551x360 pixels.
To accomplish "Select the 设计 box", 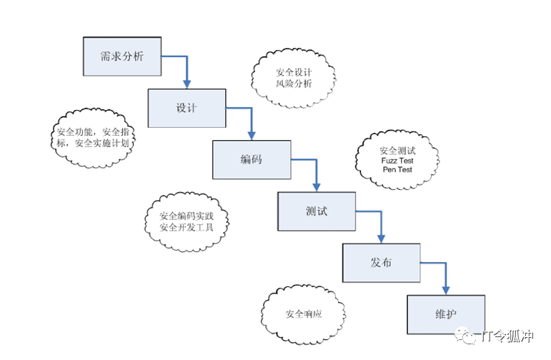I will pyautogui.click(x=187, y=108).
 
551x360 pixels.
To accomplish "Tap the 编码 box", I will pyautogui.click(x=252, y=159).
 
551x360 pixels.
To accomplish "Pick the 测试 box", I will pyautogui.click(x=316, y=211).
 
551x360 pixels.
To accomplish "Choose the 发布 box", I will pyautogui.click(x=381, y=263).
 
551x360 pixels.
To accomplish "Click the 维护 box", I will pyautogui.click(x=446, y=314).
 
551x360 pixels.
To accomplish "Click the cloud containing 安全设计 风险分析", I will pyautogui.click(x=294, y=78).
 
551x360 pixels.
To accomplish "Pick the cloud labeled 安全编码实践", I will pyautogui.click(x=187, y=221).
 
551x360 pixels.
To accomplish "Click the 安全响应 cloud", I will pyautogui.click(x=304, y=314).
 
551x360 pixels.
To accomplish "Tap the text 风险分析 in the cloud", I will pyautogui.click(x=294, y=84).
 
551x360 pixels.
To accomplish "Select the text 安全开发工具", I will pyautogui.click(x=187, y=228).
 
